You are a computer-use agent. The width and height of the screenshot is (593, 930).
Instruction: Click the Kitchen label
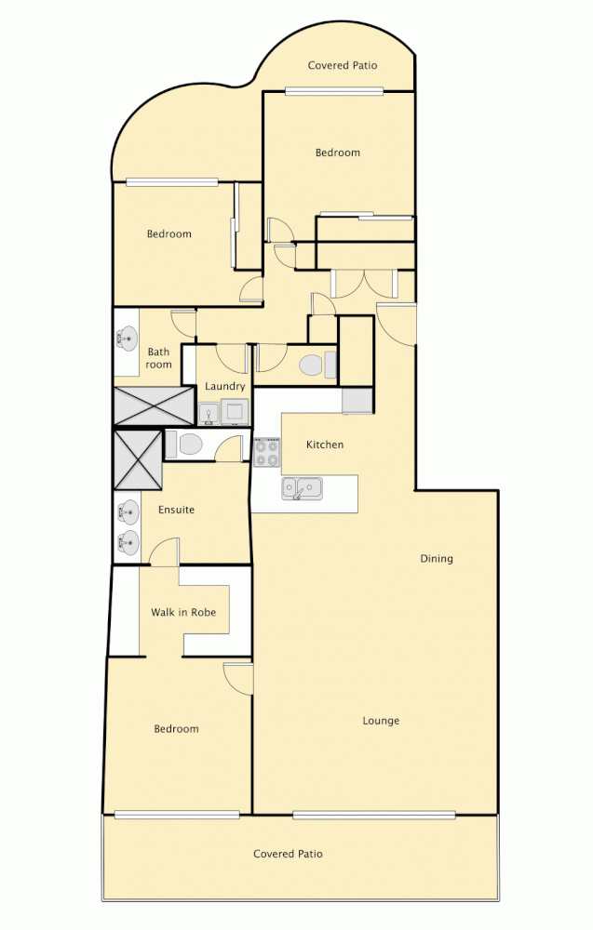click(x=325, y=445)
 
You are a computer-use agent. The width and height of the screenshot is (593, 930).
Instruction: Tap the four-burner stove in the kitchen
click(x=267, y=453)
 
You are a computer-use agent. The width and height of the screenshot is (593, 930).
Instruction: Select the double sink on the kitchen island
click(x=303, y=488)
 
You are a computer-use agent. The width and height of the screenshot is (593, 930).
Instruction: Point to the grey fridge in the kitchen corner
click(x=357, y=401)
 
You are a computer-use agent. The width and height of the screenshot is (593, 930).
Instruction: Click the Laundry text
click(x=225, y=386)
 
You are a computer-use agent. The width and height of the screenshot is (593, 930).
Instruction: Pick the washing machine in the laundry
click(x=235, y=412)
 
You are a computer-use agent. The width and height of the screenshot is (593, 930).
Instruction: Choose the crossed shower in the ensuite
click(x=138, y=459)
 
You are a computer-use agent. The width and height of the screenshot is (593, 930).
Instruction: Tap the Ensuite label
click(x=176, y=510)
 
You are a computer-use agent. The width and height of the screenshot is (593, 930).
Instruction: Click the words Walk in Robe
click(x=183, y=613)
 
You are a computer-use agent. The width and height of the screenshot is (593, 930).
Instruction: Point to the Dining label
click(x=436, y=559)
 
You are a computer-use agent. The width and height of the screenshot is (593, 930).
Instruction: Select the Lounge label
click(x=381, y=721)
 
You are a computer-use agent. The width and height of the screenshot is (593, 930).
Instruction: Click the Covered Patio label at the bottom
click(x=288, y=854)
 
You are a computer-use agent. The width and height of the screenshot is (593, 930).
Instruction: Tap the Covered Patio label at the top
click(x=342, y=65)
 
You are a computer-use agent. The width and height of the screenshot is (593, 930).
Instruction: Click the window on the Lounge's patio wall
click(x=373, y=816)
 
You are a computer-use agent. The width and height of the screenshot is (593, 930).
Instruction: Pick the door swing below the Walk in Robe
click(x=238, y=677)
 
